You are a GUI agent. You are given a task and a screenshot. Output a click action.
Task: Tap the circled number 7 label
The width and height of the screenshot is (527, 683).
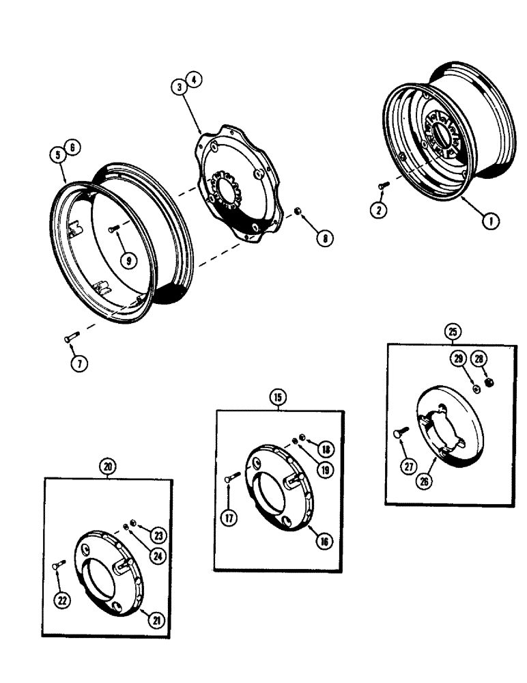(x=79, y=363)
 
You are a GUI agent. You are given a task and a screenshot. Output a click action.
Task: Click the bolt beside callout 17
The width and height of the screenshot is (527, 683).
(x=230, y=478)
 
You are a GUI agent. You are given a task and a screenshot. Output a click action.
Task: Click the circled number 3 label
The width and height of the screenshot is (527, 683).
(x=178, y=87)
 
